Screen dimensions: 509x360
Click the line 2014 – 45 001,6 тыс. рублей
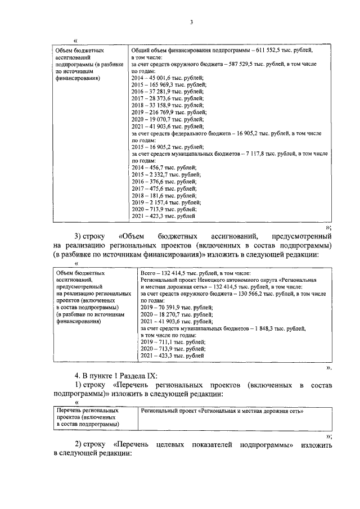click(167, 78)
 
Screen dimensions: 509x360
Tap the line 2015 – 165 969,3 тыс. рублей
click(169, 84)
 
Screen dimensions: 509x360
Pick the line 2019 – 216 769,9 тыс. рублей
click(169, 112)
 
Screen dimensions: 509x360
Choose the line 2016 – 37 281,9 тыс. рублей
click(167, 91)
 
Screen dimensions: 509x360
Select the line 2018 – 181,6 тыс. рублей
click(164, 195)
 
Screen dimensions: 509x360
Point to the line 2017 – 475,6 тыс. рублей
click(164, 188)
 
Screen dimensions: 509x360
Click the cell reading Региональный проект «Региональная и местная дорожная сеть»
click(222, 411)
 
